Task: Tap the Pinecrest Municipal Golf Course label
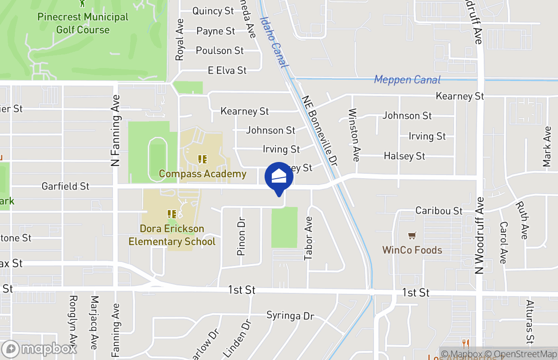[83, 23]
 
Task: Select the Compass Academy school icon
[202, 159]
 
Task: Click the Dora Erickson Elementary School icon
[171, 214]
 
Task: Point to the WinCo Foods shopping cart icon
[411, 236]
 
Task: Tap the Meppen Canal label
[407, 80]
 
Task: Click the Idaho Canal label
[274, 41]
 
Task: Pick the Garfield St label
[65, 186]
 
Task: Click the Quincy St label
[213, 11]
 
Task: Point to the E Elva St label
[227, 71]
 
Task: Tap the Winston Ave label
[354, 135]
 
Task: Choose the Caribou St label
[439, 211]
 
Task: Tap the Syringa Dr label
[290, 315]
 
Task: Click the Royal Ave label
[180, 40]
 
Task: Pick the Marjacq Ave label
[94, 322]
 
